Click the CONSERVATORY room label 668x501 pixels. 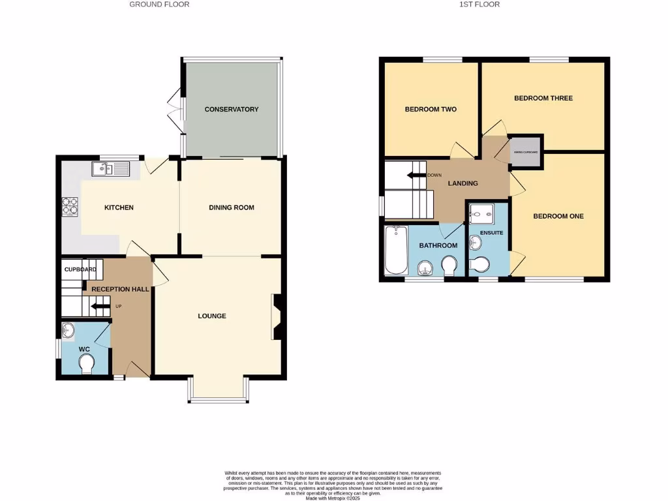[x=232, y=110]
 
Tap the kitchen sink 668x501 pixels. [x=112, y=170]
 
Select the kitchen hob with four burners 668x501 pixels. [x=70, y=207]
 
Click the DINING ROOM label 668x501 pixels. [x=231, y=207]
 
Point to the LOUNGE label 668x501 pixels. [x=212, y=316]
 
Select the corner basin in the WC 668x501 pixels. [x=68, y=331]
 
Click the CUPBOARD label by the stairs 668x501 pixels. [x=80, y=269]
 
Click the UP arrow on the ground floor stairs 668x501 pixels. [x=100, y=305]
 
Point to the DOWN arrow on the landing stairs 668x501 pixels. [x=416, y=175]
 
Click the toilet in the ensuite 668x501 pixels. [x=480, y=264]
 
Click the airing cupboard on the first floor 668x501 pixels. [x=525, y=152]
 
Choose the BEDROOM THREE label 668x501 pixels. [x=543, y=98]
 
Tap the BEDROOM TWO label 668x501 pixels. [x=431, y=110]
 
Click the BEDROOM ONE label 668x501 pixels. [x=558, y=216]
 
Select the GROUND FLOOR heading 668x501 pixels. [x=159, y=5]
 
